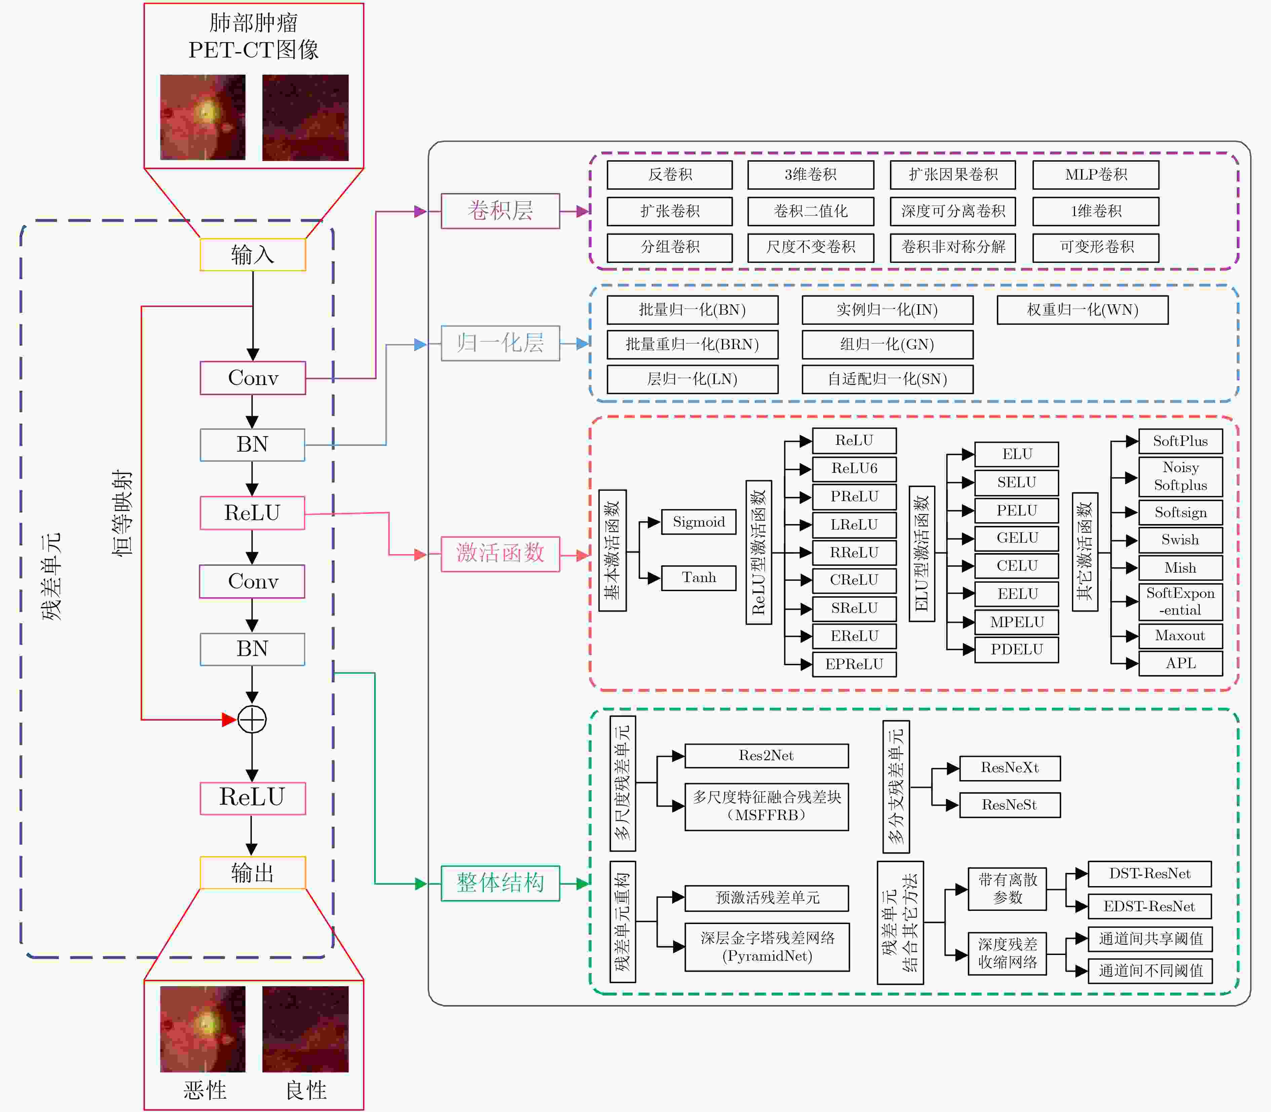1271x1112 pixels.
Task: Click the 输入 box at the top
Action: [x=253, y=255]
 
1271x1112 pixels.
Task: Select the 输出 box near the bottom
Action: [x=253, y=873]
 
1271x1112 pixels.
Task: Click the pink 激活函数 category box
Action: [x=500, y=553]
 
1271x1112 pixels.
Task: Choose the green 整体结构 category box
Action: [x=500, y=883]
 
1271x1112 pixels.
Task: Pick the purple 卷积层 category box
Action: [x=500, y=211]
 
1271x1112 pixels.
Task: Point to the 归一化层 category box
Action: [x=500, y=343]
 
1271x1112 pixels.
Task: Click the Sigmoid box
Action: [x=699, y=522]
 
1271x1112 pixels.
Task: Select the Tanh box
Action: [x=699, y=578]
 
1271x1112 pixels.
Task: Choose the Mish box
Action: [x=1181, y=568]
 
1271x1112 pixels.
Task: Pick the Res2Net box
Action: [x=766, y=756]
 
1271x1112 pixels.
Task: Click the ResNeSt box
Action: [x=1010, y=805]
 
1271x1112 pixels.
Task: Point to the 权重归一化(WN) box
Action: [x=1082, y=310]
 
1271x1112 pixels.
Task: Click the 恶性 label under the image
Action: [x=205, y=1090]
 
